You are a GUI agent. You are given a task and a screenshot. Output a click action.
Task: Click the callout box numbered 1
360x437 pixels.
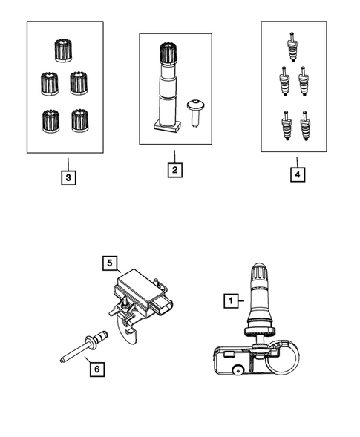pos(231,300)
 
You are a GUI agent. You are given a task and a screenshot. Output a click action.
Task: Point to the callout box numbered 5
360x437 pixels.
pos(109,262)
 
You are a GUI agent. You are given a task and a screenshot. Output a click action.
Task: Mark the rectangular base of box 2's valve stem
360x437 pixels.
pos(166,125)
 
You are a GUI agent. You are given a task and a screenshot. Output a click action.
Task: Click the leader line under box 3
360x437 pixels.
pos(67,163)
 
